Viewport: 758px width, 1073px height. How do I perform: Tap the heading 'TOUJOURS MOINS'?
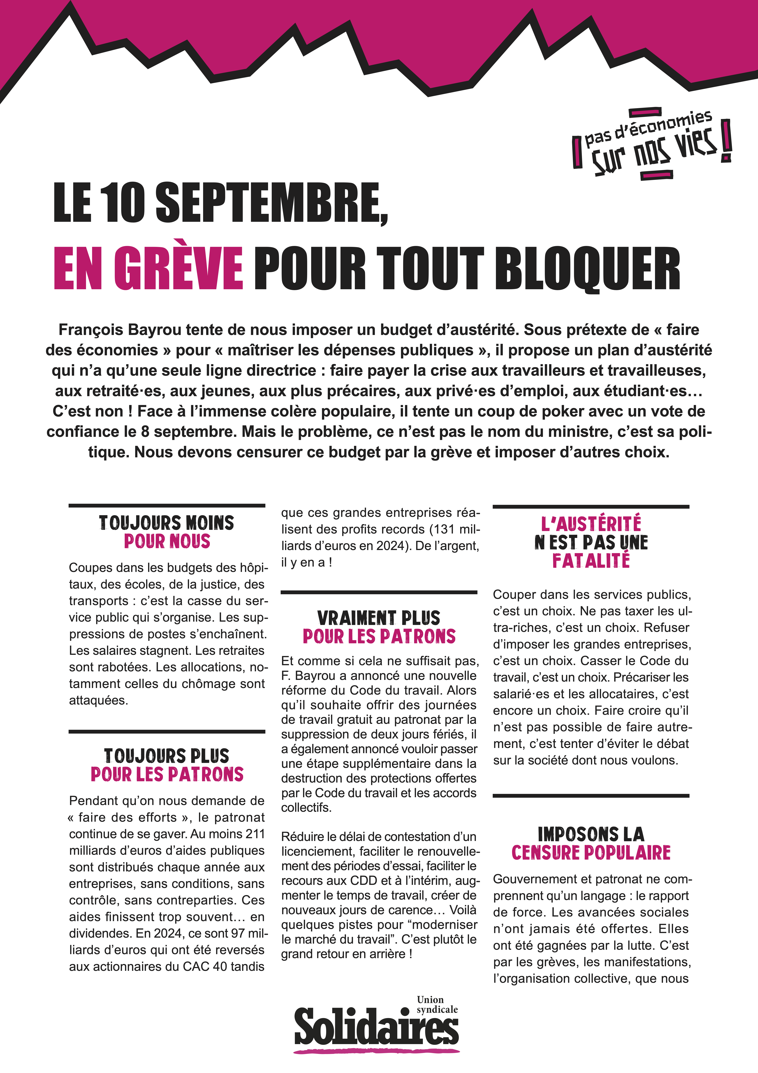point(167,523)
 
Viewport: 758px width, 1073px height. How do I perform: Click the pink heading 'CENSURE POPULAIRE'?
point(591,853)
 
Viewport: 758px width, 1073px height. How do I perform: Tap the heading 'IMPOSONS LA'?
point(591,834)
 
